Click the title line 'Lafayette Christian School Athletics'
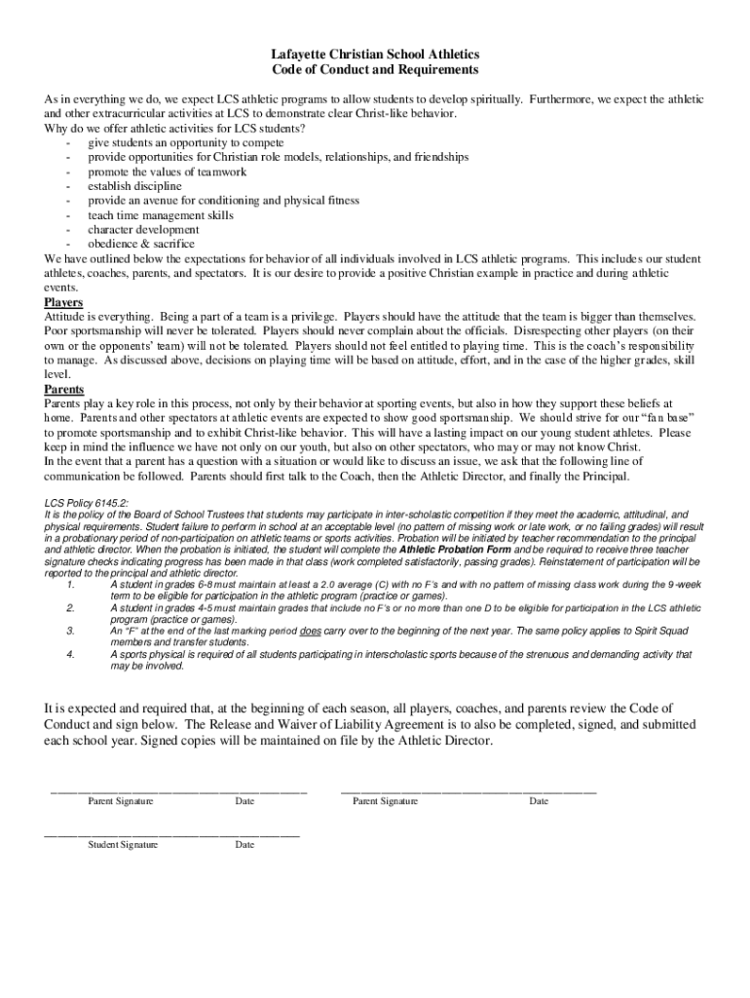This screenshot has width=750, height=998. click(375, 55)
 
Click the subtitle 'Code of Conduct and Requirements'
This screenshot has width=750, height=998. click(375, 71)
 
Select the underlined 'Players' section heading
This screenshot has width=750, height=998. click(64, 302)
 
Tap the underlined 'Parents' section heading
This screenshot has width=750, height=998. click(64, 389)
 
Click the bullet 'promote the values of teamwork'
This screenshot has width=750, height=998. click(167, 172)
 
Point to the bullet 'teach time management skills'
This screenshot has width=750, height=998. click(161, 215)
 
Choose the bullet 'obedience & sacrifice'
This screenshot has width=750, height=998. click(141, 244)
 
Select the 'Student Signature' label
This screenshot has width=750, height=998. click(123, 845)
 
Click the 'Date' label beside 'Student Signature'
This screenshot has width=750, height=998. click(244, 845)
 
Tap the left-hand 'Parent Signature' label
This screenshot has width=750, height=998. click(121, 801)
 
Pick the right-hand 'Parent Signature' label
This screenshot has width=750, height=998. click(386, 801)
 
